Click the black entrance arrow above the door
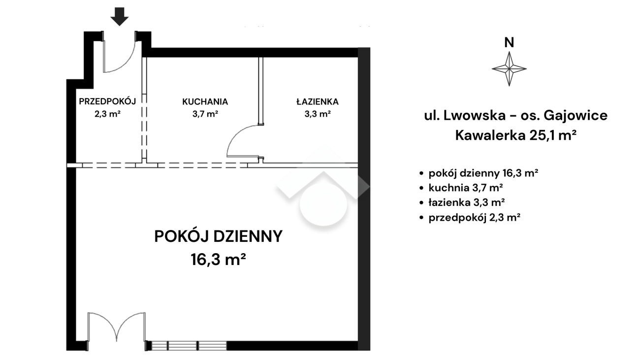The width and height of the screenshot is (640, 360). (x=120, y=17)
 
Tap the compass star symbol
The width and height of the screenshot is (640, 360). (x=509, y=69)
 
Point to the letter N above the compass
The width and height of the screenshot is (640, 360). (x=509, y=42)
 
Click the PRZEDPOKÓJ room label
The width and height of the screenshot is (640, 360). (x=107, y=101)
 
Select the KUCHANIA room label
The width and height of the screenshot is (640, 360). (x=205, y=102)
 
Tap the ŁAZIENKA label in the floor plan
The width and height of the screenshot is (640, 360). (x=318, y=101)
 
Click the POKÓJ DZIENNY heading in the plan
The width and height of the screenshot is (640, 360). (x=218, y=236)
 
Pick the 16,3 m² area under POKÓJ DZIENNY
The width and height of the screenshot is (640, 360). (x=218, y=260)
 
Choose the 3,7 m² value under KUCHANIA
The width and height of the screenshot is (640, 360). (x=205, y=114)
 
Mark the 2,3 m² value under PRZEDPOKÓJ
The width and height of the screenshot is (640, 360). (x=107, y=114)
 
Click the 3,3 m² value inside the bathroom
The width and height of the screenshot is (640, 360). (x=318, y=114)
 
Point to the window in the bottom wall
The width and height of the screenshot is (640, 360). (x=189, y=346)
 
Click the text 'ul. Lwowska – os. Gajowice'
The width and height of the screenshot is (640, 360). (x=516, y=116)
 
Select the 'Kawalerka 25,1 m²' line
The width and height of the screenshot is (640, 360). (x=516, y=135)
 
